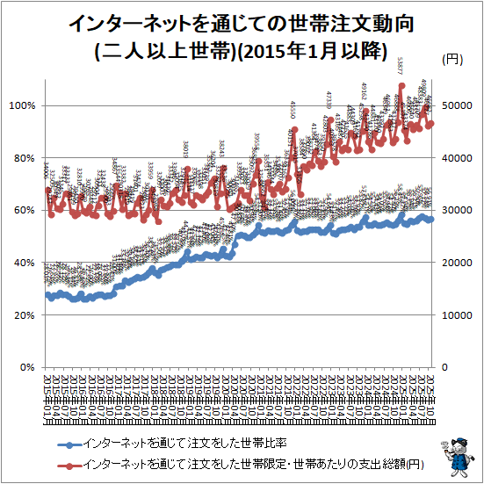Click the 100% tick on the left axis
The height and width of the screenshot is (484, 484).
click(x=23, y=105)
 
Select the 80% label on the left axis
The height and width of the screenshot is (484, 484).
click(x=25, y=158)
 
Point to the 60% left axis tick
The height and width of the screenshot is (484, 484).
click(x=25, y=211)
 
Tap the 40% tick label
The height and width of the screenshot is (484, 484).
click(x=25, y=263)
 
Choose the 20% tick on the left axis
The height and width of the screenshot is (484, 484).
click(x=25, y=314)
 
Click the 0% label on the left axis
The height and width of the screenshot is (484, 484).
click(x=28, y=367)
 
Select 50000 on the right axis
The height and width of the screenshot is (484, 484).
click(x=457, y=105)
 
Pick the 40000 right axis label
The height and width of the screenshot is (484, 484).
click(x=457, y=158)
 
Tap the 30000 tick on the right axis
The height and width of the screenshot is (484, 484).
click(x=457, y=211)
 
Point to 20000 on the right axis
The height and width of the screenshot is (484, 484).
click(x=457, y=263)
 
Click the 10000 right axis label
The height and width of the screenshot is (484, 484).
click(x=457, y=314)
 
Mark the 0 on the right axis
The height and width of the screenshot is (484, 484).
click(x=445, y=367)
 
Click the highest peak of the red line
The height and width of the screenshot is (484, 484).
click(x=401, y=86)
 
